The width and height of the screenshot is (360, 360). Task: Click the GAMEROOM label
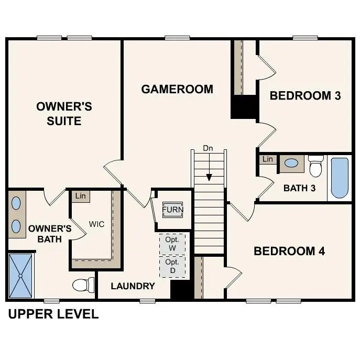177,89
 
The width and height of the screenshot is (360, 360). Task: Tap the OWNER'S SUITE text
64,114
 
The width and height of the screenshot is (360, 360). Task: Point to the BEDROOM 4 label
289,251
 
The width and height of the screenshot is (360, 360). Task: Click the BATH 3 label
299,188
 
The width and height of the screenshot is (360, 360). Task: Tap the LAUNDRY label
133,286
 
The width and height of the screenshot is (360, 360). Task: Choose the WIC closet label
96,224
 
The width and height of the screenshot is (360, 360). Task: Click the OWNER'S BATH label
49,234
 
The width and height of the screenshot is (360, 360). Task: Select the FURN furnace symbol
172,210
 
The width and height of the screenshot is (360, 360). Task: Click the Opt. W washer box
172,243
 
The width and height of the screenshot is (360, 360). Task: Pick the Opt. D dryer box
172,266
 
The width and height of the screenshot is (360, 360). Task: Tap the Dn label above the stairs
209,149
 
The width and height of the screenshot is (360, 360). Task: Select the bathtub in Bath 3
340,178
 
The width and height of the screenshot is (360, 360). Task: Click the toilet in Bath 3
316,166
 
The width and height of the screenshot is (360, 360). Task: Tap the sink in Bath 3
291,163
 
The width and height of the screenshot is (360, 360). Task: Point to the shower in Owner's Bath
21,276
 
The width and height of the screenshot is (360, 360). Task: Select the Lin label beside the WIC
80,196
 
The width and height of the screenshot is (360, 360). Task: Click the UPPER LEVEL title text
53,314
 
